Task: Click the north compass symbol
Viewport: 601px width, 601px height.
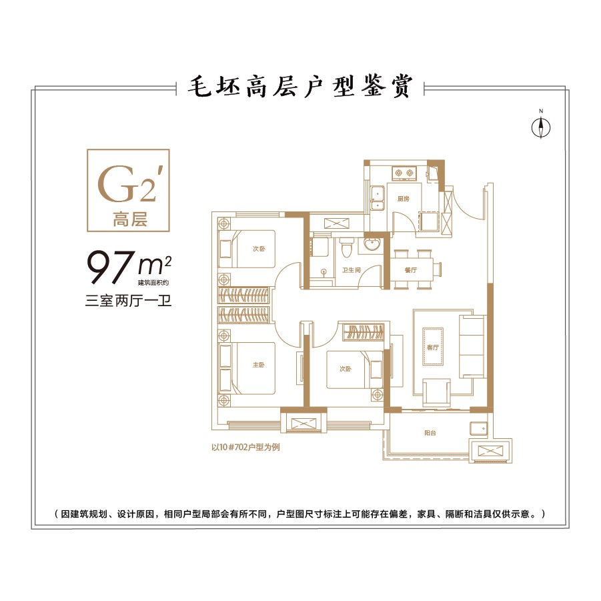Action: coord(542,126)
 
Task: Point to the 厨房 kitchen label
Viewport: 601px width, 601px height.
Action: coord(402,199)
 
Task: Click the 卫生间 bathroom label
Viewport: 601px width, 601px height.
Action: coord(352,271)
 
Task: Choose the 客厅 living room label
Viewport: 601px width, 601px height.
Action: coord(434,348)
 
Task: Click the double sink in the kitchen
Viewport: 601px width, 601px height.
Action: coord(378,199)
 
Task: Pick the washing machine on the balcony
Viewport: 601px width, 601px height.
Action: coord(478,428)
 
